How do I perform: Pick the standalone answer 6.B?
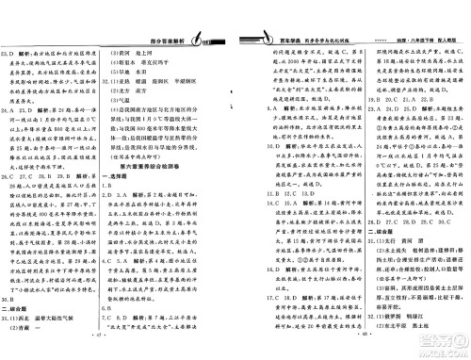coord(137,320)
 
